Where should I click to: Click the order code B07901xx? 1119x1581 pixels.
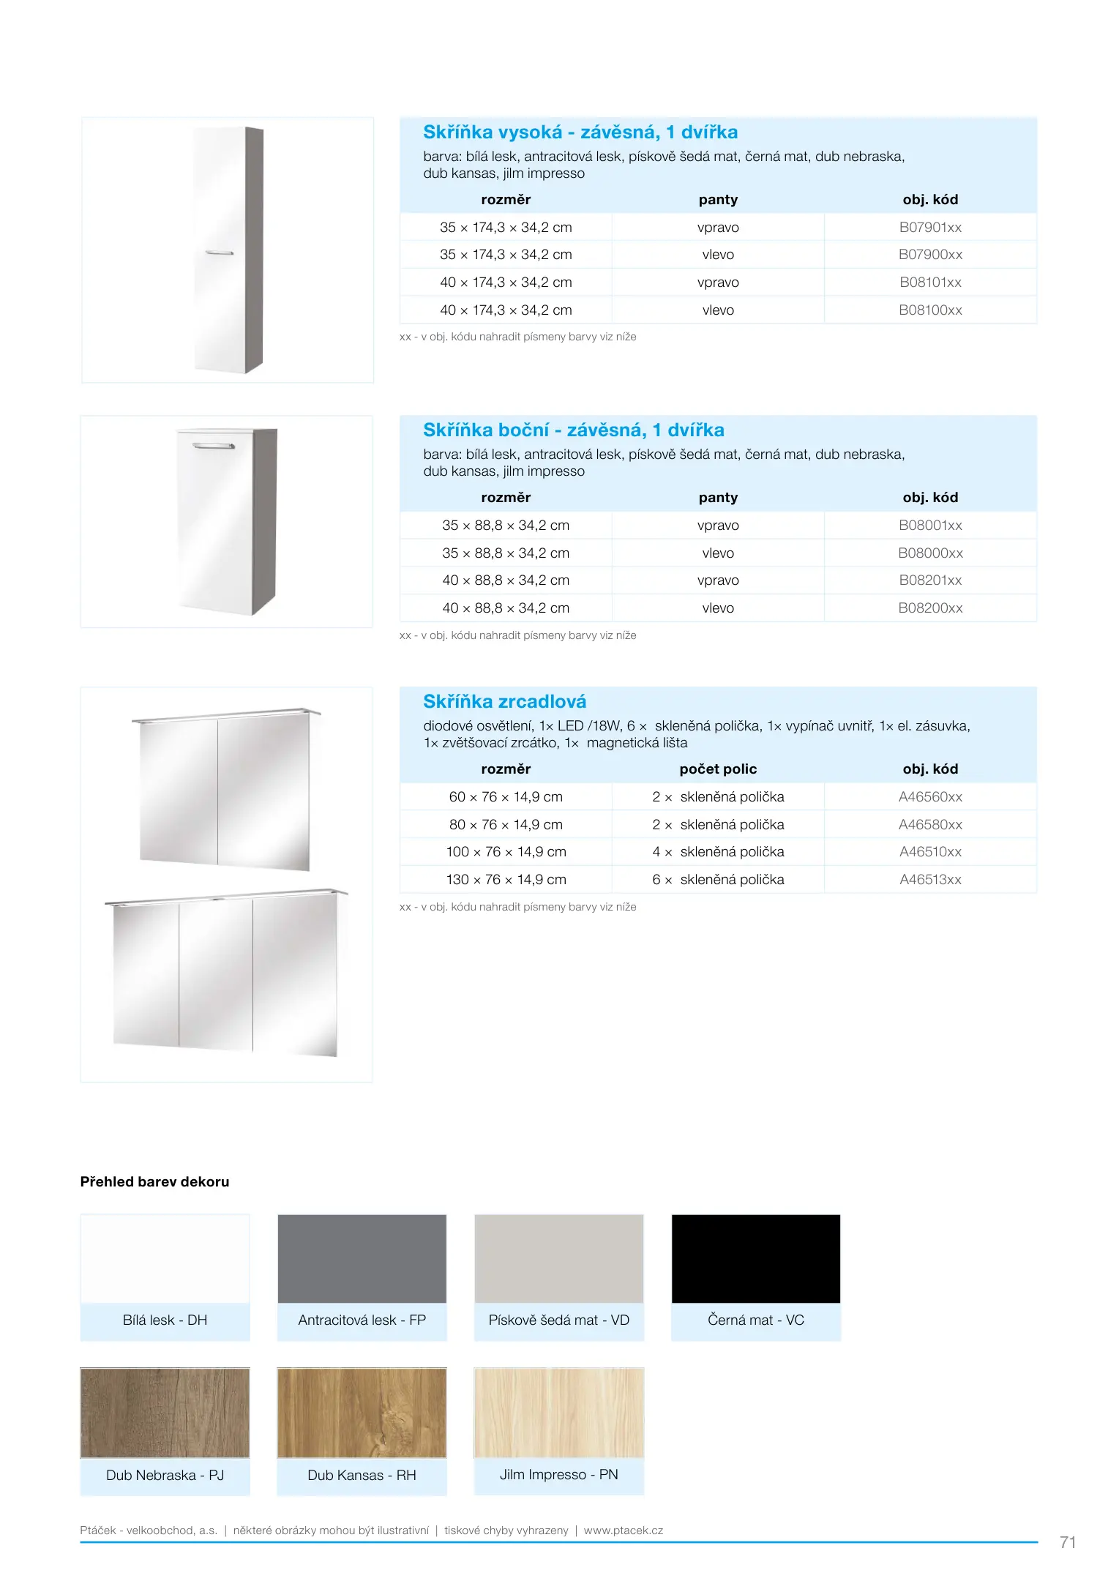[929, 228]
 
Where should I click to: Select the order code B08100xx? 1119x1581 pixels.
[929, 310]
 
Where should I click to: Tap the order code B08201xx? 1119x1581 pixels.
[929, 580]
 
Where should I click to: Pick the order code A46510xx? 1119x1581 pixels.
[929, 852]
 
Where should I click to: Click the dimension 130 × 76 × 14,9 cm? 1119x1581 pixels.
[506, 880]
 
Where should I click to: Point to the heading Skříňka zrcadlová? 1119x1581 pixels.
[504, 702]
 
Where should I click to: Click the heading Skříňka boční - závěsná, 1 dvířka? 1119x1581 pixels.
[573, 430]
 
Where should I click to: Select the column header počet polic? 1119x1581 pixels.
[717, 769]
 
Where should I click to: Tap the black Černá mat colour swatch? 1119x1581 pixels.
[755, 1259]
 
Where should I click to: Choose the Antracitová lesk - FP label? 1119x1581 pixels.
[362, 1320]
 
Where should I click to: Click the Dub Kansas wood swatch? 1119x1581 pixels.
[362, 1413]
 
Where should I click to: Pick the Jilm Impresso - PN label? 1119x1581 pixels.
[558, 1475]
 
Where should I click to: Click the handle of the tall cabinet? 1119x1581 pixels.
[219, 253]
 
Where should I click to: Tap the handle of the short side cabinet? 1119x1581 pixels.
[213, 446]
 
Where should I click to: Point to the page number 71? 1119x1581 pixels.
[1067, 1543]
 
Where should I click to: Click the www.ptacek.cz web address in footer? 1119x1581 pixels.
[623, 1530]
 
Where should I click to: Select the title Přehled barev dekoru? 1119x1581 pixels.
[154, 1182]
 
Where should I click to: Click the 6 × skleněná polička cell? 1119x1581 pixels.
[717, 880]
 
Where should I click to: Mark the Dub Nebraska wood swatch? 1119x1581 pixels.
[165, 1413]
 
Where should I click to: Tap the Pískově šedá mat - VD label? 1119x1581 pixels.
[558, 1320]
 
